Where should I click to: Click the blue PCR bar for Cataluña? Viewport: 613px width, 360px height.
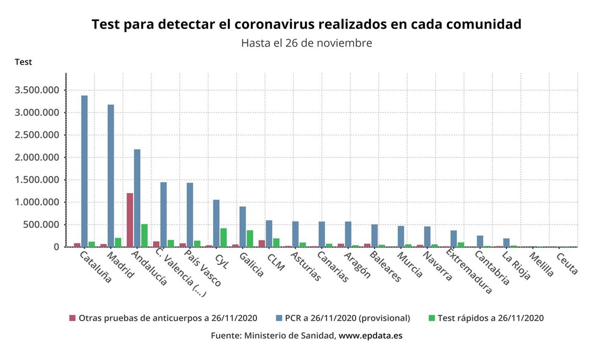tap(84, 171)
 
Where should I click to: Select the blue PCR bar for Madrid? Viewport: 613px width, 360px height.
tap(111, 176)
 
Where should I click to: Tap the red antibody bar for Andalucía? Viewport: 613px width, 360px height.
tap(130, 220)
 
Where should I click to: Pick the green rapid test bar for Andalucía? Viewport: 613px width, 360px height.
tap(145, 235)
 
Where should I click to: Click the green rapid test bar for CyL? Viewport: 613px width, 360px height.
tap(223, 237)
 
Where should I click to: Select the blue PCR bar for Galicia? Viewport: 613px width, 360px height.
tap(243, 227)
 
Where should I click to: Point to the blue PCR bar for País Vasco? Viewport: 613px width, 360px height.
tap(190, 214)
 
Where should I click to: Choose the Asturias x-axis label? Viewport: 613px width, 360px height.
tap(306, 267)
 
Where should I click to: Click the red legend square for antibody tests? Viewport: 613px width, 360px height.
tap(72, 318)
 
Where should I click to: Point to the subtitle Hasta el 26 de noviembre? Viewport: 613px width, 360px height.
tap(306, 43)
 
